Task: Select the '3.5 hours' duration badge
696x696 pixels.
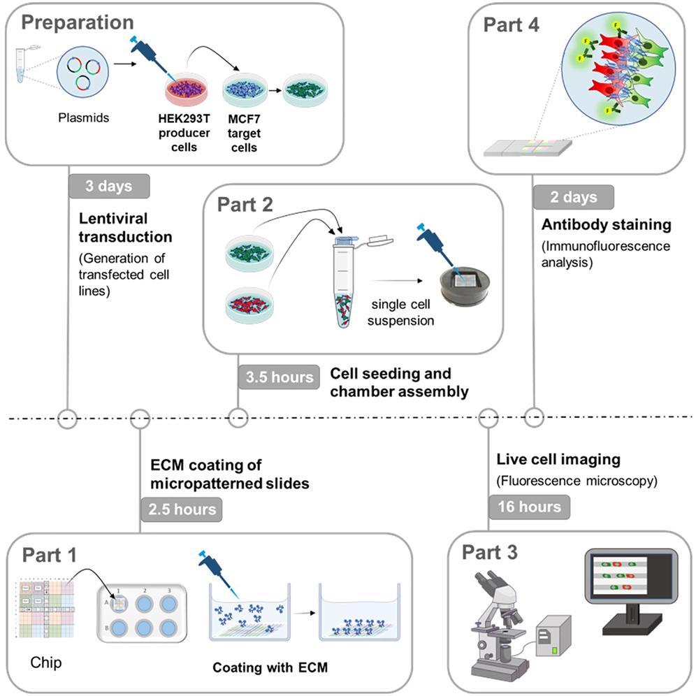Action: pos(278,377)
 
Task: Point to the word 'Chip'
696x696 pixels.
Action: pos(46,661)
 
